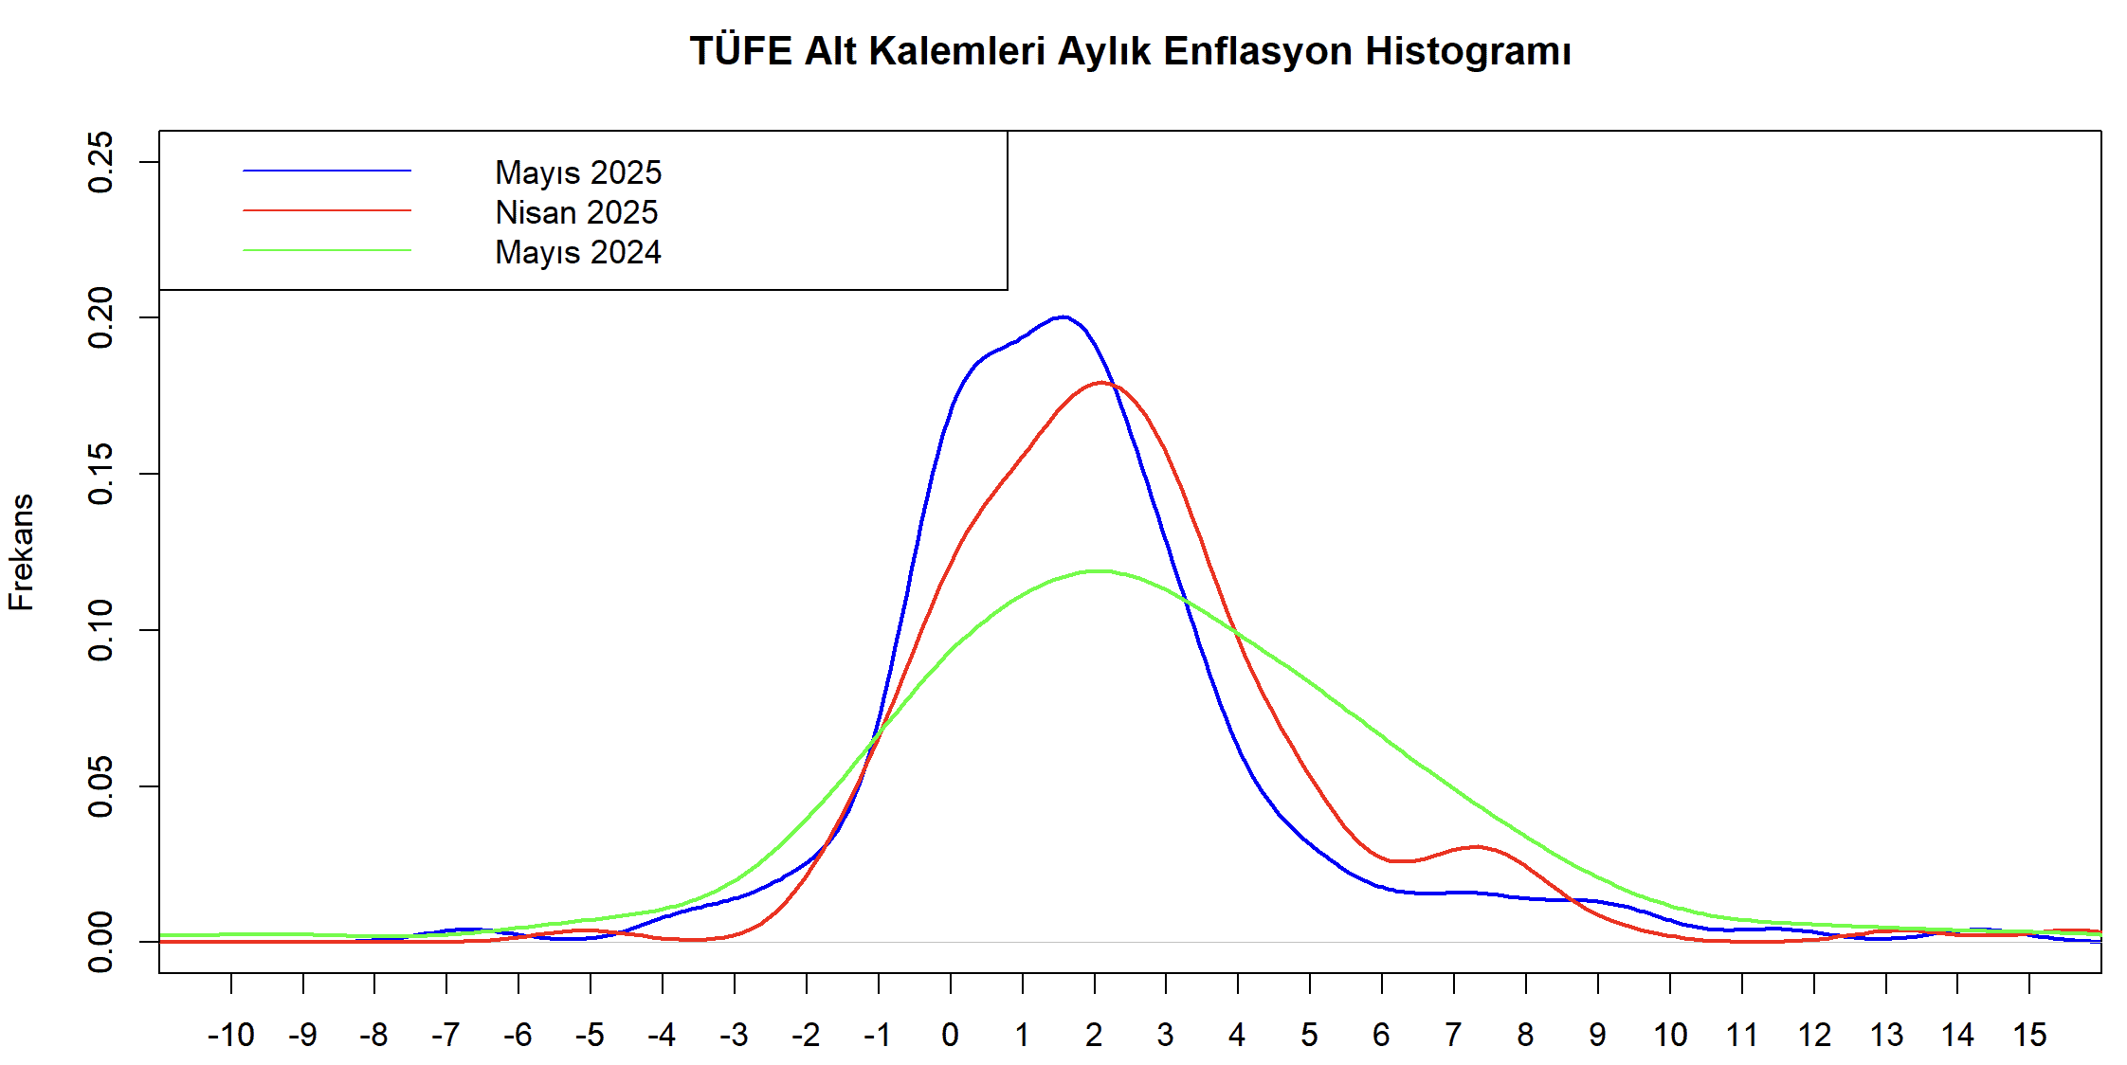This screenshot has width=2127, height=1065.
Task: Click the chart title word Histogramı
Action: tap(1467, 51)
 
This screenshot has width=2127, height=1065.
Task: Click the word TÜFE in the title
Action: tap(740, 51)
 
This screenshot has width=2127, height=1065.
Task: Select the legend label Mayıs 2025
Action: tap(578, 172)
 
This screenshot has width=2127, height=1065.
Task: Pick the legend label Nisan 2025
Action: tap(576, 212)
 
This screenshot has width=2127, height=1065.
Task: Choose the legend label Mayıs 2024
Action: tap(578, 252)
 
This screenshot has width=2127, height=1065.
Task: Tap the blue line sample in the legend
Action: tap(327, 171)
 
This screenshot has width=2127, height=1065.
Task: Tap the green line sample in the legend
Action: tap(327, 250)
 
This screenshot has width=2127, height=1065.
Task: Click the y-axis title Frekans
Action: tap(21, 551)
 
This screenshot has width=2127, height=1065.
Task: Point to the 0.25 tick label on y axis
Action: tap(100, 162)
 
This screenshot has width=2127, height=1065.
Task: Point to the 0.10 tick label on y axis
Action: tap(100, 630)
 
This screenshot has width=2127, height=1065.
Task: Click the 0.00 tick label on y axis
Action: tap(100, 942)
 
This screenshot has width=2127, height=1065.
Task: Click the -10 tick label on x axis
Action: tap(230, 1035)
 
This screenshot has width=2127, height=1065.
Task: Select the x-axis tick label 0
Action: tap(950, 1035)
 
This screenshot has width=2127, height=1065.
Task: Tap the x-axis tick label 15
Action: tap(2029, 1035)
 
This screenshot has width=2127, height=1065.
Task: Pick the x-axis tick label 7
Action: tap(1453, 1035)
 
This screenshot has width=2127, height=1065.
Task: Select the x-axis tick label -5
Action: tap(590, 1035)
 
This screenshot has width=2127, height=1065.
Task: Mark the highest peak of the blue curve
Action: tap(1063, 316)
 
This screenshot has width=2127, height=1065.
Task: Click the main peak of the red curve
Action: tap(1101, 383)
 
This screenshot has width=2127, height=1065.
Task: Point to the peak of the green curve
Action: tap(1098, 571)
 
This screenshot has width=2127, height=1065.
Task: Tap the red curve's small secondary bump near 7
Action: tap(1477, 846)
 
